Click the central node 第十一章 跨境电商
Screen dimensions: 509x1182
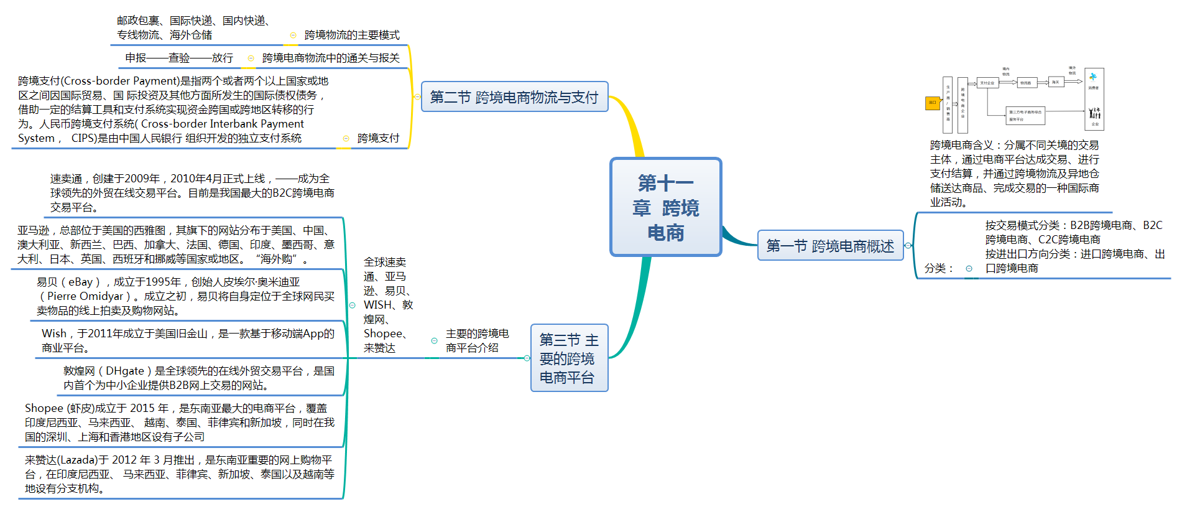tap(665, 207)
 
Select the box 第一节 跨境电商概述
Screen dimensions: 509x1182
tap(829, 246)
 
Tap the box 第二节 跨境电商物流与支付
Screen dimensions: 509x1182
tap(514, 97)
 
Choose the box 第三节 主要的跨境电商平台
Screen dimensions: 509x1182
tap(568, 358)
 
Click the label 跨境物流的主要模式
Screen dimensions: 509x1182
tap(352, 35)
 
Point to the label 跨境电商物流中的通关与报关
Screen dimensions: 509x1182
tap(331, 58)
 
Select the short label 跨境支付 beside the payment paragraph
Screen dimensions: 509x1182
tap(378, 138)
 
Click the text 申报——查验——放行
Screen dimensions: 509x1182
tap(179, 58)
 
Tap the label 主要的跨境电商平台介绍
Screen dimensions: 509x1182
tap(477, 341)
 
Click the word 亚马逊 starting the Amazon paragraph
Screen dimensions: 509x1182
tap(33, 230)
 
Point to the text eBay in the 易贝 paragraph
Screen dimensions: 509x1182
tap(80, 282)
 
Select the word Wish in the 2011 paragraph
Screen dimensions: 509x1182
tap(54, 334)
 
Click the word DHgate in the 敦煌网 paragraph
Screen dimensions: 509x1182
tap(125, 371)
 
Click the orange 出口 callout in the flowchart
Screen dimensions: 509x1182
tap(932, 103)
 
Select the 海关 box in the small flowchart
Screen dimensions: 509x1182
tap(1055, 82)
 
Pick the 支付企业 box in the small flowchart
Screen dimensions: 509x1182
tap(987, 82)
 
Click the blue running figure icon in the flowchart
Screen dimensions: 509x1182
tap(1092, 77)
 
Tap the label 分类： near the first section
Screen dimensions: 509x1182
tap(938, 268)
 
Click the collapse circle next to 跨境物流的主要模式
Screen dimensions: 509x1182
tap(293, 35)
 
